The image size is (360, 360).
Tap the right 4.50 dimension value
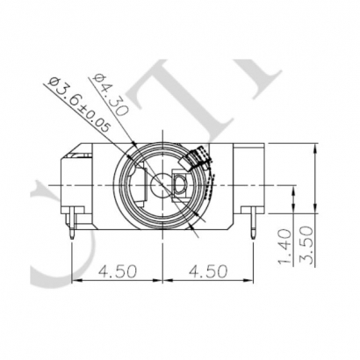pos(204,270)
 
